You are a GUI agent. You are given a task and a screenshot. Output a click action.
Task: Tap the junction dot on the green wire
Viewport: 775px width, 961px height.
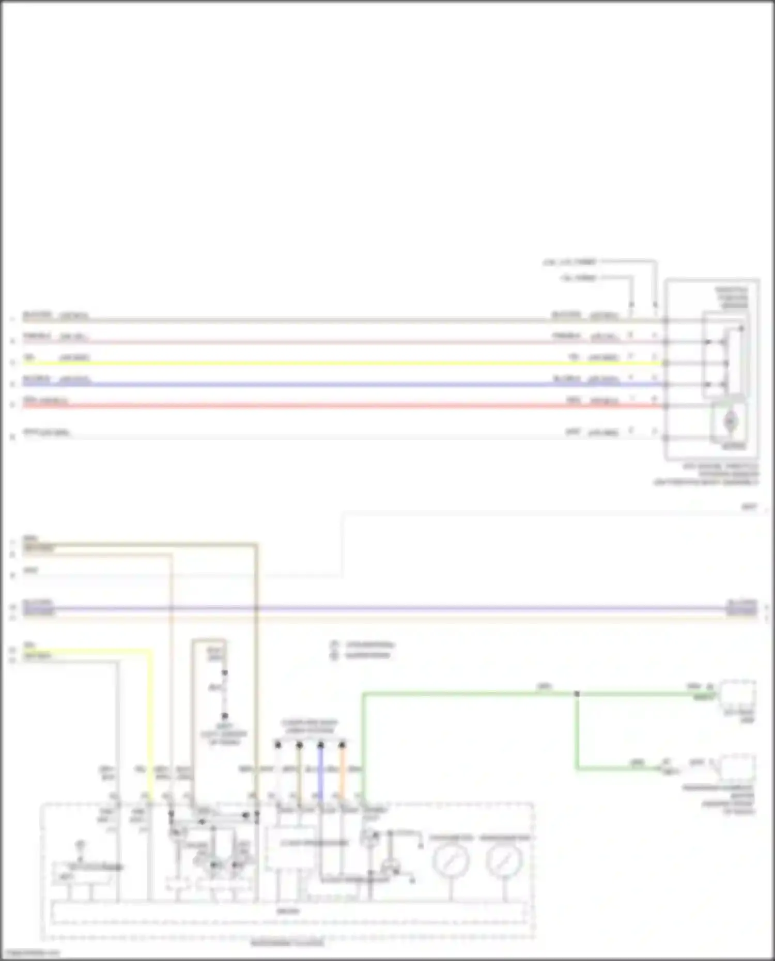point(577,694)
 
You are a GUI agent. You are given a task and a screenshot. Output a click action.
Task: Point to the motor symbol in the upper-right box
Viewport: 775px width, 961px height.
point(730,422)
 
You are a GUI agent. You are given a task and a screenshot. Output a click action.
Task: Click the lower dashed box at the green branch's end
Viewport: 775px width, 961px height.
point(738,768)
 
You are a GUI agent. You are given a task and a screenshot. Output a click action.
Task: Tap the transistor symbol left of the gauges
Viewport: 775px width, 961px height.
point(391,868)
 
